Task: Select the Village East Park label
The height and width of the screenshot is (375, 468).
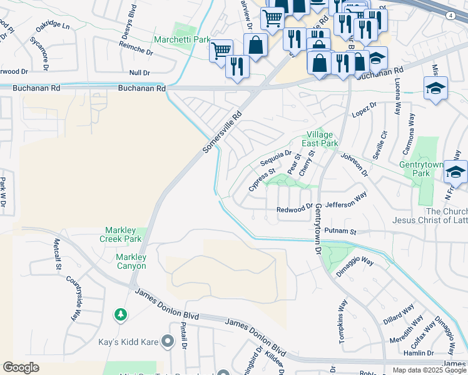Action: pyautogui.click(x=319, y=139)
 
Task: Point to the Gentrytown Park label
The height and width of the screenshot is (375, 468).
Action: pyautogui.click(x=421, y=169)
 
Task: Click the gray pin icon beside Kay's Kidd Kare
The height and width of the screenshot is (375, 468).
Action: pyautogui.click(x=167, y=341)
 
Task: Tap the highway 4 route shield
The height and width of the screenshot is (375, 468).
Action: pyautogui.click(x=450, y=15)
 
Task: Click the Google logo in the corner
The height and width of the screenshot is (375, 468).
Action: pyautogui.click(x=21, y=367)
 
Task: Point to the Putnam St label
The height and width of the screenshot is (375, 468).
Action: pyautogui.click(x=344, y=231)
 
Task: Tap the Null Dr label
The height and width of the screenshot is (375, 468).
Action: pyautogui.click(x=139, y=73)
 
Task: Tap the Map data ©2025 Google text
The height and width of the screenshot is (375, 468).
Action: pyautogui.click(x=429, y=370)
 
